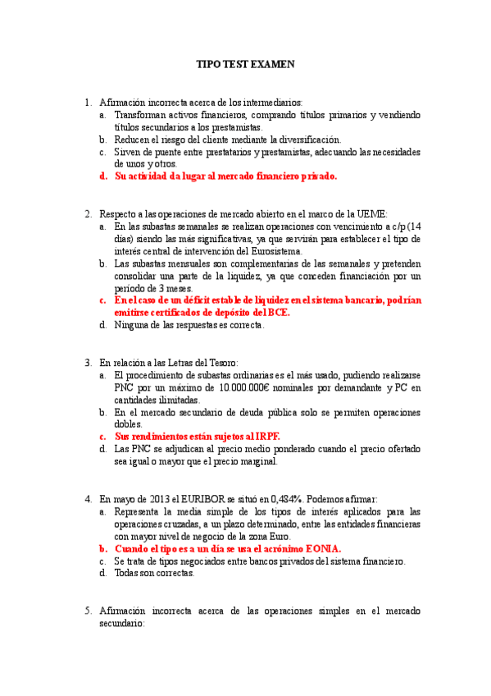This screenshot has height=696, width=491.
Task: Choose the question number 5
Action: click(x=88, y=610)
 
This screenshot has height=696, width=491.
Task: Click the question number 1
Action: click(x=88, y=103)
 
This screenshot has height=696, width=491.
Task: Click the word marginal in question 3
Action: click(x=257, y=461)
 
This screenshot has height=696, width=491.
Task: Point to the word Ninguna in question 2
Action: click(x=131, y=325)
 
